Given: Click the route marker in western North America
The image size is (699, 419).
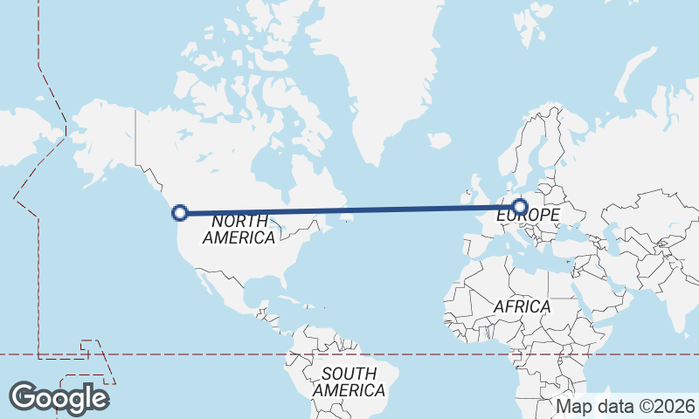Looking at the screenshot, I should pyautogui.click(x=180, y=212).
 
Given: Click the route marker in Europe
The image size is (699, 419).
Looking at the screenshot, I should pyautogui.click(x=520, y=207).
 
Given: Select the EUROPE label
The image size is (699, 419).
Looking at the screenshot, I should pyautogui.click(x=527, y=215).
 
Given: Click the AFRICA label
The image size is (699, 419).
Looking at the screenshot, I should pyautogui.click(x=522, y=306).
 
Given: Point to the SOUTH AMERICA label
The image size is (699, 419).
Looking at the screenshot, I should pyautogui.click(x=349, y=381).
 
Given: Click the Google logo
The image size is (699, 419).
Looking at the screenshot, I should pyautogui.click(x=59, y=398).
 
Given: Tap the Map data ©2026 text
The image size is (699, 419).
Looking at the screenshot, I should pyautogui.click(x=626, y=406).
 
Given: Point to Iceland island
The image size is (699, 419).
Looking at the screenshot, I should pyautogui.click(x=439, y=139).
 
